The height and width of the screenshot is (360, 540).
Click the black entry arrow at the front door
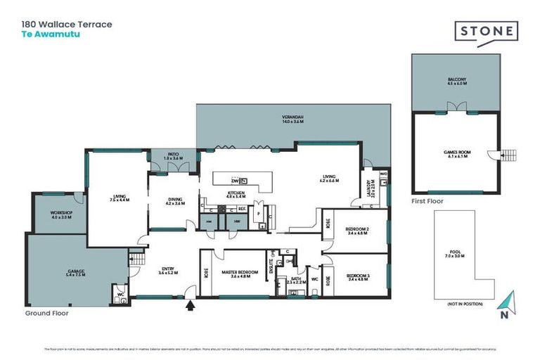pyautogui.click(x=188, y=305)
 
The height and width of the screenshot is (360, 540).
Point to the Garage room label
pyautogui.click(x=76, y=274)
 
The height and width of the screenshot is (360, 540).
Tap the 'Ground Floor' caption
pyautogui.click(x=46, y=313)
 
